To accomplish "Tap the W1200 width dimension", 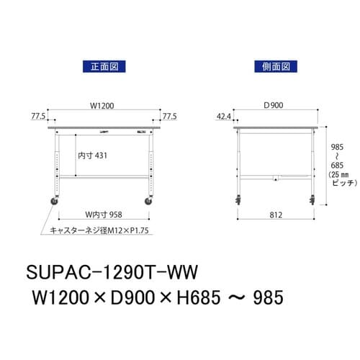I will (x=102, y=106).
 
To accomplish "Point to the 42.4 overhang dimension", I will (x=224, y=114).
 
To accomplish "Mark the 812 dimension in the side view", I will (x=275, y=213).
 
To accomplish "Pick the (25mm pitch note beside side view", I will (x=337, y=175).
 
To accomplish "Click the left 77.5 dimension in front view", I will (x=39, y=114).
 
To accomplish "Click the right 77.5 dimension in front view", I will (x=169, y=114).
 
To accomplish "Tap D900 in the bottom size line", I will (x=130, y=297).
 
